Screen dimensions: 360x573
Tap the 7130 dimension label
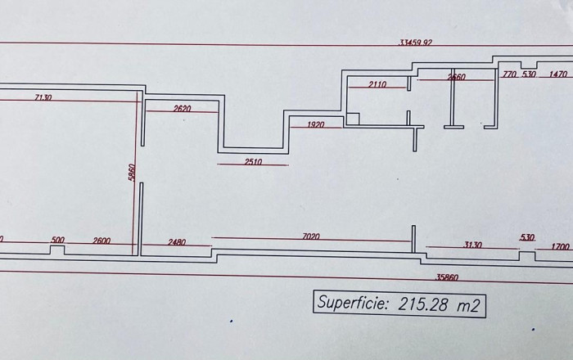[43, 97]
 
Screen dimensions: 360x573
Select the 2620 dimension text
[182, 109]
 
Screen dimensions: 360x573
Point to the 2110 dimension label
[377, 84]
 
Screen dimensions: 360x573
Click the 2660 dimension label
[457, 77]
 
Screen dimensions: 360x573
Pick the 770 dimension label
[509, 74]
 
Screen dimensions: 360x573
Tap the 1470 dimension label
[558, 74]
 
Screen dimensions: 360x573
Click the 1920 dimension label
[316, 124]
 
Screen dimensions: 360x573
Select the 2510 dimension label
[253, 162]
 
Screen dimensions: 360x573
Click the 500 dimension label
[58, 241]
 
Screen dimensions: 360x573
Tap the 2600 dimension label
[102, 241]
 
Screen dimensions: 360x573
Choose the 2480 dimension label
[177, 241]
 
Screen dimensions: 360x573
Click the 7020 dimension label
[311, 236]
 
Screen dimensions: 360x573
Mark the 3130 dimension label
[471, 245]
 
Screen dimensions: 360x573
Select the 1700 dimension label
[560, 245]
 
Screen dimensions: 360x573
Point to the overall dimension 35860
[448, 277]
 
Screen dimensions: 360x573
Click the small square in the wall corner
[352, 119]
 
